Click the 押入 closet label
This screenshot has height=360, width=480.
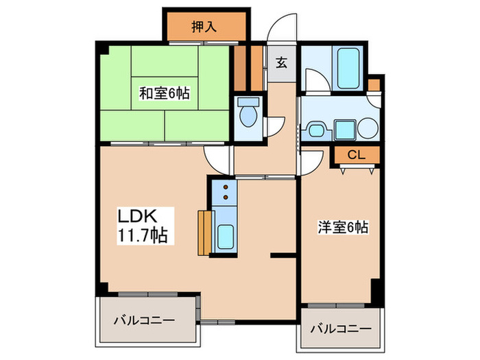(204, 27)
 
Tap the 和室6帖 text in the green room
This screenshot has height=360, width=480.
(165, 94)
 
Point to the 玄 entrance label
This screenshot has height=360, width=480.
(281, 64)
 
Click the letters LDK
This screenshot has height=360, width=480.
(139, 216)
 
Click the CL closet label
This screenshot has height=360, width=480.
(355, 154)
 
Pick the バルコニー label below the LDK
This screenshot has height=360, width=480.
(143, 320)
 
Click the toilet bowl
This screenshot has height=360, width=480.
(247, 114)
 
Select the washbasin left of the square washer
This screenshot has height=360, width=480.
(317, 128)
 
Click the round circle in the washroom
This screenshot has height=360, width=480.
(369, 128)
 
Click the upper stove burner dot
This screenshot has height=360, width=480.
(225, 187)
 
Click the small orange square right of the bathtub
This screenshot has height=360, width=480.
(373, 84)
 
